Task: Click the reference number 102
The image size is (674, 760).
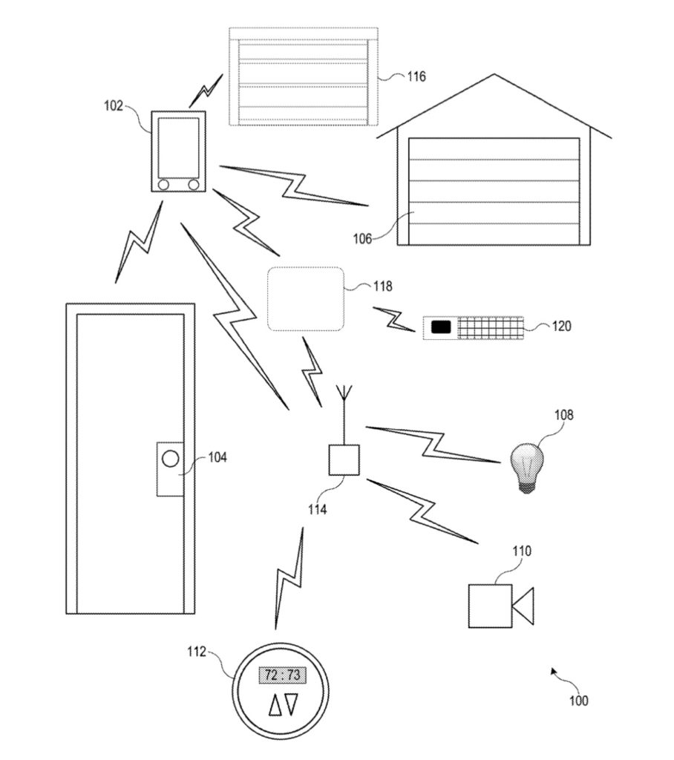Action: (x=114, y=105)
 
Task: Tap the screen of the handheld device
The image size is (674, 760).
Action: (x=178, y=145)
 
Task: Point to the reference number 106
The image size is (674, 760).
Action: (x=362, y=238)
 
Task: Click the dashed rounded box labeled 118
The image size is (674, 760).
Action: (x=306, y=298)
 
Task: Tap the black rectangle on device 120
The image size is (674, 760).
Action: (x=441, y=326)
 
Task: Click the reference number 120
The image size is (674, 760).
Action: (x=562, y=326)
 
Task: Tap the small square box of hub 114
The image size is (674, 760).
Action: (x=344, y=459)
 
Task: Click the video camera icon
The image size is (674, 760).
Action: (x=500, y=604)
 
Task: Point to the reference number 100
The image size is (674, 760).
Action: (x=578, y=700)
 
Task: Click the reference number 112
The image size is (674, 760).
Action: (x=196, y=652)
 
